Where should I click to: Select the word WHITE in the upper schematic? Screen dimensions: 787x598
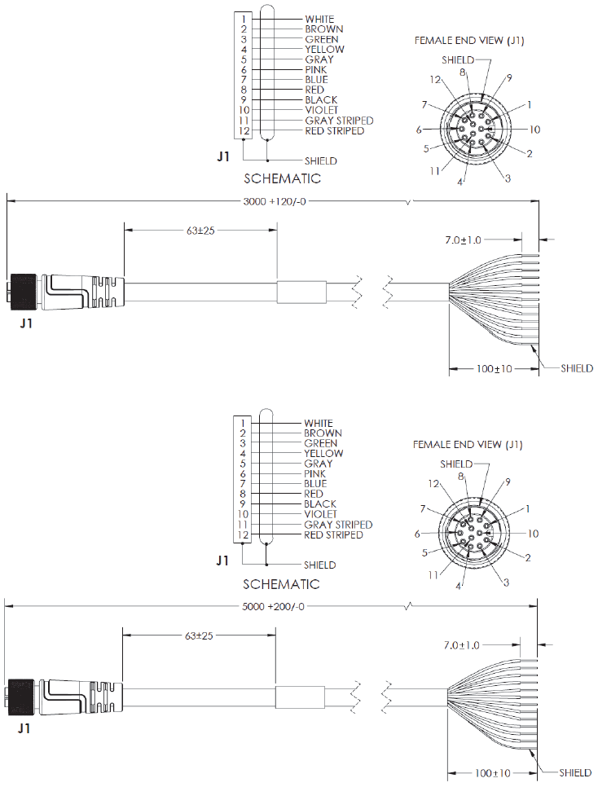(319, 19)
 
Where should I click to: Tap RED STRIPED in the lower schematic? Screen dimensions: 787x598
(333, 535)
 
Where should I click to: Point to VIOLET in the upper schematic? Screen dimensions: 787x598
(321, 110)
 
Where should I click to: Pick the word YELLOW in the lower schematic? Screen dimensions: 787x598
(323, 454)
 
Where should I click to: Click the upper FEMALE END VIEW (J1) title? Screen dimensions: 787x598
(468, 41)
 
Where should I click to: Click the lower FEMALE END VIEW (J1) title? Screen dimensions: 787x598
(467, 445)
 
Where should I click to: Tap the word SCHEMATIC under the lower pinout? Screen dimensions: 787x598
(282, 584)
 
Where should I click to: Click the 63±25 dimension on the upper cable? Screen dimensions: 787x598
(200, 231)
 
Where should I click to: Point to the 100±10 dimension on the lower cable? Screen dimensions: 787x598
(493, 773)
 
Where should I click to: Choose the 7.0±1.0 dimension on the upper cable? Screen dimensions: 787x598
(463, 240)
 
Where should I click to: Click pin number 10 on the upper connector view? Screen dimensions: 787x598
(534, 130)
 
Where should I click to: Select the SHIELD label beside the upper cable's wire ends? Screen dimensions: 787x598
(577, 368)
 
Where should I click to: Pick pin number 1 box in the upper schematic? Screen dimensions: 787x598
(244, 19)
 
